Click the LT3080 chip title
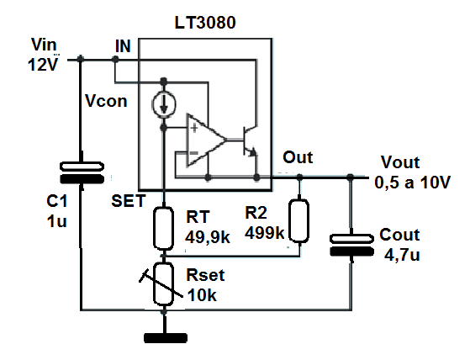coord(205,23)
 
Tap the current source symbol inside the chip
coord(164,104)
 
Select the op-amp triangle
coord(207,140)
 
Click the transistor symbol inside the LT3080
coord(250,140)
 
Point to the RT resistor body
coord(163,228)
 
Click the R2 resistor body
coord(298,221)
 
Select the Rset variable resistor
coord(163,283)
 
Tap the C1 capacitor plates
coord(82,172)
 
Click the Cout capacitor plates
coord(351,245)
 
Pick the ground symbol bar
coord(166,338)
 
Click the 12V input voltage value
coord(43,64)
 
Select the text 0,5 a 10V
coord(412,182)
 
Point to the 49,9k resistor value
coord(208,238)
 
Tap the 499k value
coord(264,232)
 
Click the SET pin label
coord(129,201)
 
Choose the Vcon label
coord(106,101)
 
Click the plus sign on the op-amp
coord(194,129)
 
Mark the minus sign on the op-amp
coord(194,153)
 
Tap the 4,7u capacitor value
coord(402,256)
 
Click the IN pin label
coord(123,46)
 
